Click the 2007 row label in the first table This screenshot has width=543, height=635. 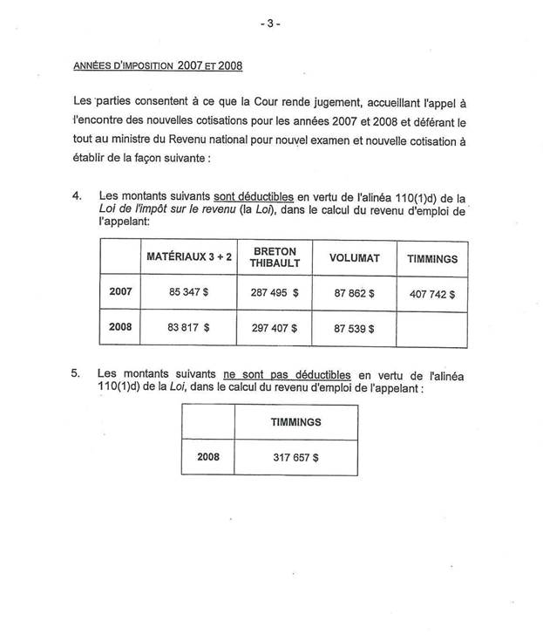(x=120, y=291)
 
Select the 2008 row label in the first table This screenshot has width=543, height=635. (x=120, y=329)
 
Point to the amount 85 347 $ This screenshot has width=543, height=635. (x=188, y=292)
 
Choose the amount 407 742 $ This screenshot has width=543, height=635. (x=432, y=293)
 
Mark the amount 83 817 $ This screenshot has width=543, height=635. (x=188, y=329)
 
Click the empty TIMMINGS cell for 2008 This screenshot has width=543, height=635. (x=432, y=329)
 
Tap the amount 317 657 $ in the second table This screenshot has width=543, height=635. (x=295, y=456)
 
